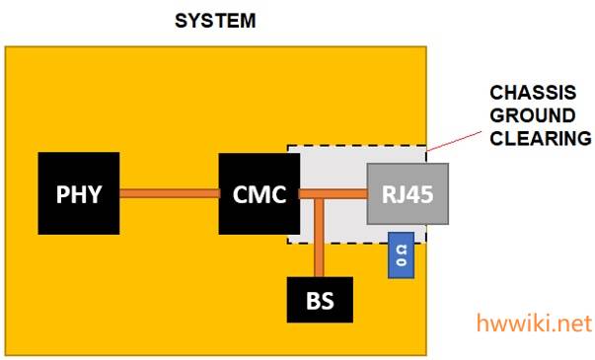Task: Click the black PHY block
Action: pos(79,193)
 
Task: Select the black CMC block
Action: pos(260,194)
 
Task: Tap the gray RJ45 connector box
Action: pos(408,194)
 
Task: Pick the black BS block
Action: pos(320,300)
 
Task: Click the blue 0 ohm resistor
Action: pos(401,255)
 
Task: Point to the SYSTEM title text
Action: pos(215,21)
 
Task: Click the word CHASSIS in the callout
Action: pos(533,93)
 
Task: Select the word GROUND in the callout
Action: pos(533,115)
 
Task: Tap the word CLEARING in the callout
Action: pos(541,138)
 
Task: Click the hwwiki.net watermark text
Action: pos(534,324)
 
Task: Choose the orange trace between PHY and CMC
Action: pos(170,193)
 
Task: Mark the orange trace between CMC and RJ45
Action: pos(334,194)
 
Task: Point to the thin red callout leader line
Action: pos(454,141)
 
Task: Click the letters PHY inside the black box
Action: pos(79,194)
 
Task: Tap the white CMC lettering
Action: pos(260,194)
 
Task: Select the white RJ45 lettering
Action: pos(408,194)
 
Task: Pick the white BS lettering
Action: pos(320,301)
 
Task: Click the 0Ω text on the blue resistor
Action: pos(401,255)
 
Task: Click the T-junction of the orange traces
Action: pos(319,194)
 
